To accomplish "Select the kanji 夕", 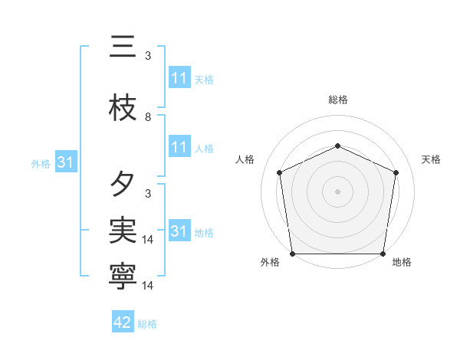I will (123, 185).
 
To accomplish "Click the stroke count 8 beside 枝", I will (148, 117).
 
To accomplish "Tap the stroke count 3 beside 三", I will (148, 56).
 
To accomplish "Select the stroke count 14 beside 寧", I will (149, 286).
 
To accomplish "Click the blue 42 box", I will (123, 322).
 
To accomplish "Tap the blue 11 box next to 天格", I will (179, 78).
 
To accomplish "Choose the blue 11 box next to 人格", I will (179, 148).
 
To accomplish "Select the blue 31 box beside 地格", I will (179, 231).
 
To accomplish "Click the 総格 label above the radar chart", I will (338, 100).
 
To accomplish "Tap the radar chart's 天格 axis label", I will (431, 159).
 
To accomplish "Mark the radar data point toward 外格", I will (292, 254).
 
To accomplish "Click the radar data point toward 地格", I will (383, 254).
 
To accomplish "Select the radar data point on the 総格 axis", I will (338, 146).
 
